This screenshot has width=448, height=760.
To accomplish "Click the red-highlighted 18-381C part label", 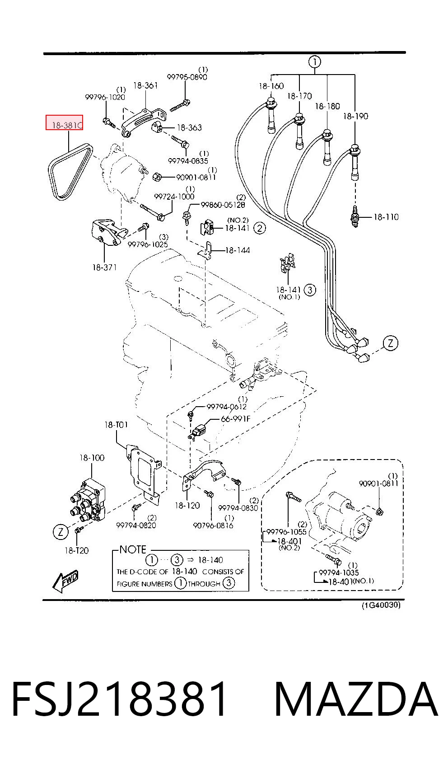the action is [x=65, y=122].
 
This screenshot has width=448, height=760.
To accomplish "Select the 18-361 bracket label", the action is [x=145, y=85].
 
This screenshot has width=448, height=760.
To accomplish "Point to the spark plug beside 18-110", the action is [x=355, y=216].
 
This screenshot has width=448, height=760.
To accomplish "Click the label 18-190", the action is [x=355, y=117].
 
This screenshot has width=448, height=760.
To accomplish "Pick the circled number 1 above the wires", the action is [x=315, y=62].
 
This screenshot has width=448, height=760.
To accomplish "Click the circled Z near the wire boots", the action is [x=390, y=343].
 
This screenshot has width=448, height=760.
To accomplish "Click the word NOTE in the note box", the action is [x=133, y=549].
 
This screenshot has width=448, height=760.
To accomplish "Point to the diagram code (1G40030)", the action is [x=381, y=605].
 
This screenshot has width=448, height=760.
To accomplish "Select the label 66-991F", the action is [x=236, y=419].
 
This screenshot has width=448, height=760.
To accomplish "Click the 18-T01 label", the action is [x=116, y=425].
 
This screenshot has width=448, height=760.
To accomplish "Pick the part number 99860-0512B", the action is [x=223, y=205].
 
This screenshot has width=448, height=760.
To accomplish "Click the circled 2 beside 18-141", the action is [x=260, y=228].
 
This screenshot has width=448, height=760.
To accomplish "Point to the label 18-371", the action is [x=104, y=267].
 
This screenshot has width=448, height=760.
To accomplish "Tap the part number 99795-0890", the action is [x=187, y=77].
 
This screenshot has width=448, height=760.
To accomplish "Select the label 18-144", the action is [x=238, y=250].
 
